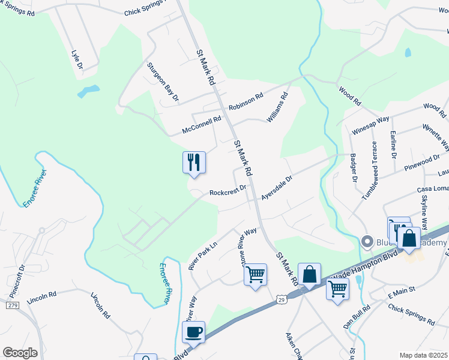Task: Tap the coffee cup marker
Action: coord(193,332)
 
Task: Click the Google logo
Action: coord(20,353)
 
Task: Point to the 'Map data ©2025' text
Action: coord(423,355)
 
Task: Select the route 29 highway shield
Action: coord(281,299)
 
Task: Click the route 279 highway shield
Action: coord(12,305)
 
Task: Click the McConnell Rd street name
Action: coord(202,125)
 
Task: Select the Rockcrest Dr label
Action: coord(228,191)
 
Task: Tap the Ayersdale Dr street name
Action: coord(276,187)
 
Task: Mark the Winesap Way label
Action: coord(370,127)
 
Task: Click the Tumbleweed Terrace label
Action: coord(369,171)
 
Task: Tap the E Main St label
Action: coord(402,295)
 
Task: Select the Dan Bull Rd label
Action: coord(357,315)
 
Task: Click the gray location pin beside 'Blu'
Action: coord(367,242)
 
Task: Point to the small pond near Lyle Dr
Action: coord(88,92)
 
